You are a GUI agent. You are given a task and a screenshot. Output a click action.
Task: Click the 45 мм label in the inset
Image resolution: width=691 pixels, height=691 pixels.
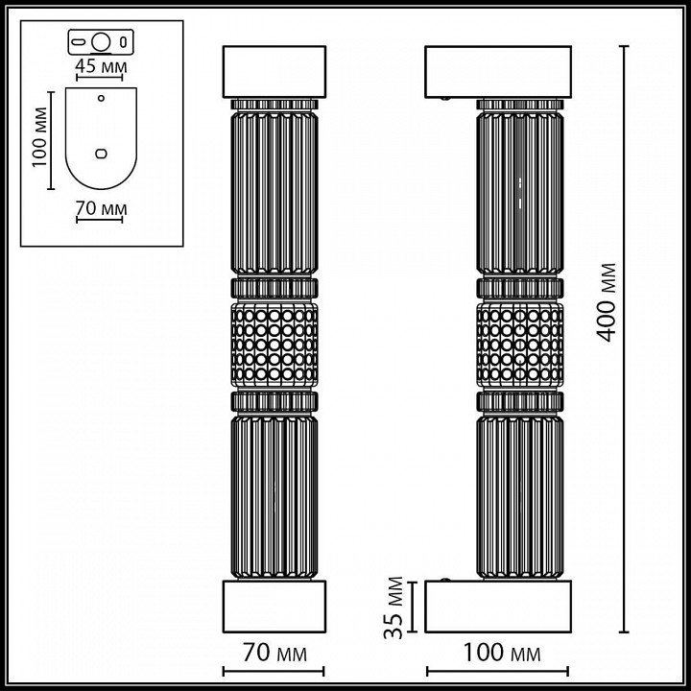[101, 67]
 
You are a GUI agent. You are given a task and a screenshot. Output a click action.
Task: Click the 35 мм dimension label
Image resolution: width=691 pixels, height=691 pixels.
[391, 608]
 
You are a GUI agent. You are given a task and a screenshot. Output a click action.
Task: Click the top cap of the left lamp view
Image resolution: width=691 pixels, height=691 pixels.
[274, 70]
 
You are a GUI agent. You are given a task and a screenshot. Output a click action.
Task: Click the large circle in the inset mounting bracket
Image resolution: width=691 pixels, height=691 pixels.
[101, 42]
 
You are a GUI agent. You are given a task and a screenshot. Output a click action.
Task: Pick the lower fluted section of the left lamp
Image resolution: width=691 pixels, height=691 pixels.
[274, 494]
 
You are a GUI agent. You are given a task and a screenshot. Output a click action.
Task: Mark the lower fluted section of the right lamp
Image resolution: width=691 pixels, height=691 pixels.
[518, 494]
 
